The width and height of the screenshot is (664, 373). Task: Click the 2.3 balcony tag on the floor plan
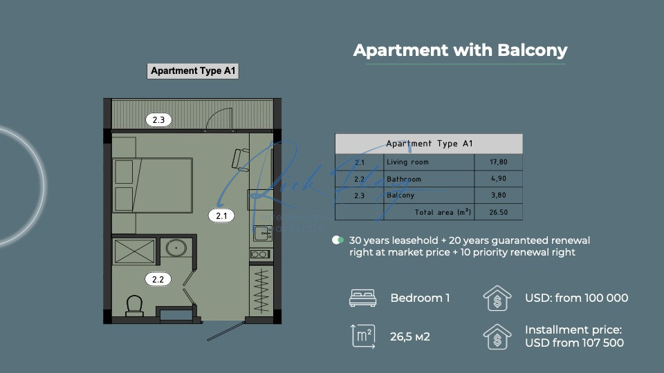[158, 120]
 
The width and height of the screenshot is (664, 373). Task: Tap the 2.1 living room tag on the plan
[221, 216]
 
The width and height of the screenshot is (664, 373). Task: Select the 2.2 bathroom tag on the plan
[158, 279]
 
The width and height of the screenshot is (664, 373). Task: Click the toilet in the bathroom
[134, 305]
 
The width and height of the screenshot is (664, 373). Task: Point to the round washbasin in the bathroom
[176, 248]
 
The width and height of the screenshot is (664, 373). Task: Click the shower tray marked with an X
[134, 251]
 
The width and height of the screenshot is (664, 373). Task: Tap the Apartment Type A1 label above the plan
[193, 71]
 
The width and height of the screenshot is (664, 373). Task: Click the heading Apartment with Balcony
[460, 50]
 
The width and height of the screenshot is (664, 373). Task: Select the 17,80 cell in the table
[499, 162]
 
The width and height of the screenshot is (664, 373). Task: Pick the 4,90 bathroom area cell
[499, 178]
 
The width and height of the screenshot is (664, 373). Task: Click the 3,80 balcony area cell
[499, 195]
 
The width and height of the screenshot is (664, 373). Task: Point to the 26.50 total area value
[499, 212]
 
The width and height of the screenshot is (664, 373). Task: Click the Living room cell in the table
[407, 162]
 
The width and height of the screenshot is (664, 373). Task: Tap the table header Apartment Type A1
[429, 144]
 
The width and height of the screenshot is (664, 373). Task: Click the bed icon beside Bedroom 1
[362, 298]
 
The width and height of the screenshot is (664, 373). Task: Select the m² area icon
[363, 336]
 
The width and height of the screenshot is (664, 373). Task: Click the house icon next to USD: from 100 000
[497, 298]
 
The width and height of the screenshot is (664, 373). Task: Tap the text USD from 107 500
[574, 343]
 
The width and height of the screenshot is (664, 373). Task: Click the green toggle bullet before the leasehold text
[338, 240]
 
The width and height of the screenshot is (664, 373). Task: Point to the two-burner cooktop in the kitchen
[259, 254]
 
